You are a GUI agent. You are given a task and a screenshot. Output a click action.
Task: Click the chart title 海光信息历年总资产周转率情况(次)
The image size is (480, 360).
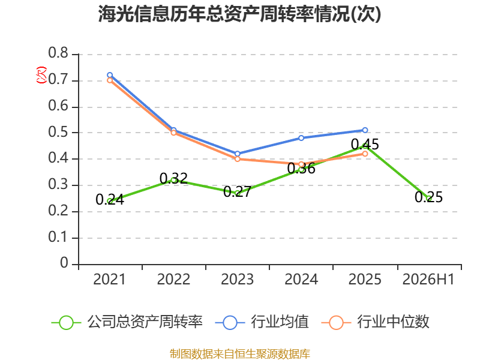click(x=239, y=14)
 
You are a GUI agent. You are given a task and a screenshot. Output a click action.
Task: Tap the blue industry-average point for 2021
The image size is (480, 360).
click(x=110, y=75)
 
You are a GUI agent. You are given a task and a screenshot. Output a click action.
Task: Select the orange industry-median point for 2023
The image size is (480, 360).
click(x=238, y=159)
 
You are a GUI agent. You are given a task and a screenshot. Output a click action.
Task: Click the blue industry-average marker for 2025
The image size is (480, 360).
click(x=365, y=130)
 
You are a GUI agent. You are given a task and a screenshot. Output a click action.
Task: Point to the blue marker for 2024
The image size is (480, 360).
click(x=301, y=138)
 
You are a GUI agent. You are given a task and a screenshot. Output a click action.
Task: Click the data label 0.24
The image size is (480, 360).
click(x=110, y=200)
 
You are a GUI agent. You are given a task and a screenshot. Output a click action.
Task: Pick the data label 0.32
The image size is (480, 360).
click(x=173, y=178)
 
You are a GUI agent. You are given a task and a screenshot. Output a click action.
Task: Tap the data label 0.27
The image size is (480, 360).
click(x=238, y=192)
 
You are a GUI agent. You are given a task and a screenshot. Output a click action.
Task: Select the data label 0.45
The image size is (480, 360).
click(x=365, y=144)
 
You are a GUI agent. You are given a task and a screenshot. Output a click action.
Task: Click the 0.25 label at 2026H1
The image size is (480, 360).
click(x=429, y=197)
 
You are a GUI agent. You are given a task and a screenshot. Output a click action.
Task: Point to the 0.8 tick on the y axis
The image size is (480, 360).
click(x=58, y=53)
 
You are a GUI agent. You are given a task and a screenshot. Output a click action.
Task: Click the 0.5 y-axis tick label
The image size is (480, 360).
click(x=58, y=132)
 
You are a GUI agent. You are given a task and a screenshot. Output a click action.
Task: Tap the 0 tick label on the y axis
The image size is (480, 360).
click(x=64, y=263)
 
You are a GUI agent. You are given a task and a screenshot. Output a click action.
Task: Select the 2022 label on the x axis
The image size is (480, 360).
click(x=173, y=279)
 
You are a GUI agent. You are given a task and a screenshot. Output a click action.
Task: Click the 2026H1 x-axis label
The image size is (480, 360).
click(x=428, y=279)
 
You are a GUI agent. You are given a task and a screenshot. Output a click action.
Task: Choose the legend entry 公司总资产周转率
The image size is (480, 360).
click(x=127, y=322)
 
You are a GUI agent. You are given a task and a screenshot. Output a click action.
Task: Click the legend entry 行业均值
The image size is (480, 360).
click(x=262, y=322)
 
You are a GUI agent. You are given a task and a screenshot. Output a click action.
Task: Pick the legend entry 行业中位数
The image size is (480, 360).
click(x=376, y=322)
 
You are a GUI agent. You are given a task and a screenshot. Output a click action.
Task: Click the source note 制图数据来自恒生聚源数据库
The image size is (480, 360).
click(x=240, y=353)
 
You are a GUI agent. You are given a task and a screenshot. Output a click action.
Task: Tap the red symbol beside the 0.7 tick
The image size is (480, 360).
click(x=41, y=75)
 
